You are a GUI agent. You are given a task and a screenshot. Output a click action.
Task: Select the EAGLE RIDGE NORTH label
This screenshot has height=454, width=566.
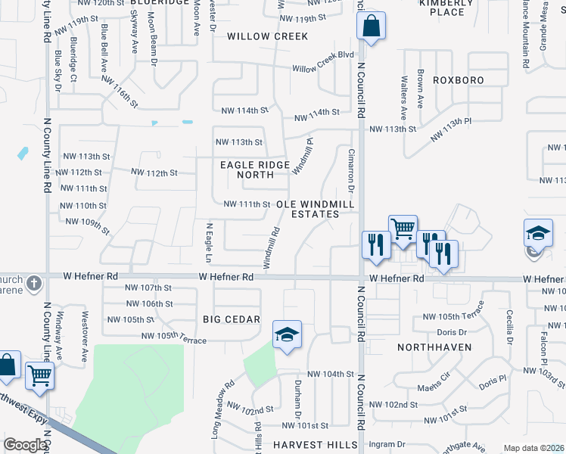255,170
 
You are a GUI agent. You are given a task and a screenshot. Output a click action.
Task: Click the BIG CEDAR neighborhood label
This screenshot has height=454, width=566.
232,319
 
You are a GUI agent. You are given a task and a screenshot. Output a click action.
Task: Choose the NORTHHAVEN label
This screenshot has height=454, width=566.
434,347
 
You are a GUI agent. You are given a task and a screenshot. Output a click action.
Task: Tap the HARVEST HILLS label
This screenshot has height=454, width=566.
314,445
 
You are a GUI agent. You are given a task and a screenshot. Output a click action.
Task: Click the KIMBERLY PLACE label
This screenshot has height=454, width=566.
442,8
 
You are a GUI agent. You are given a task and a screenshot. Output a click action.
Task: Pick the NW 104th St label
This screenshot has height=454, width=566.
331,375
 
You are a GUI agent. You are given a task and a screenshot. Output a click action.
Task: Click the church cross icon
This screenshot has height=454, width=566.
33,284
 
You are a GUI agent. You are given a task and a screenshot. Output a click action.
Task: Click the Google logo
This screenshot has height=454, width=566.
24,445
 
